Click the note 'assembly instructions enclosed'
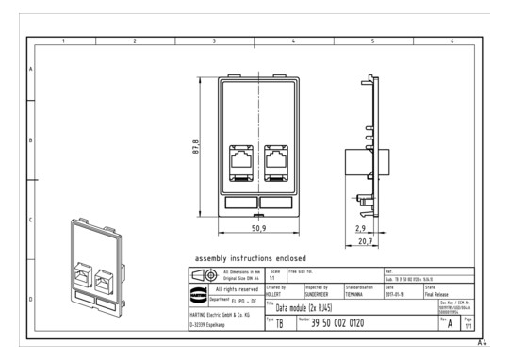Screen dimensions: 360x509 coord(250,258)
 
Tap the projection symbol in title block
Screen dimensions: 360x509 coord(205,275)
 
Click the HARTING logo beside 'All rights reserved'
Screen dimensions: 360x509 coord(205,290)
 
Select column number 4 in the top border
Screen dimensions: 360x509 coord(294,41)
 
